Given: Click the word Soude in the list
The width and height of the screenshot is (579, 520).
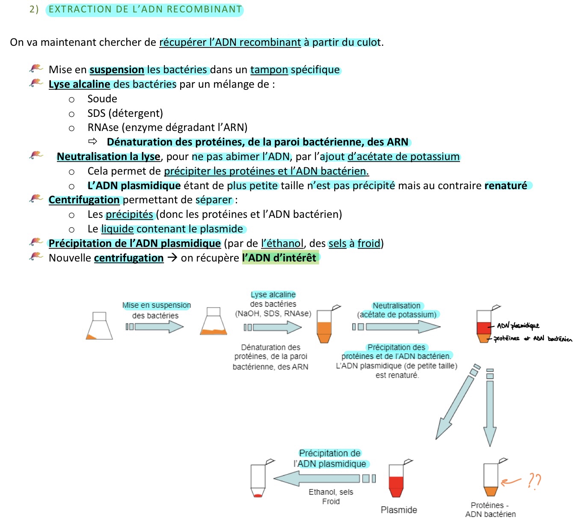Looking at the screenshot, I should point(102,99).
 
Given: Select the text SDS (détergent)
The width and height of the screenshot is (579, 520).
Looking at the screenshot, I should point(125,113).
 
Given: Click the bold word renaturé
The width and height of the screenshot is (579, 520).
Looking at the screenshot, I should point(506,186).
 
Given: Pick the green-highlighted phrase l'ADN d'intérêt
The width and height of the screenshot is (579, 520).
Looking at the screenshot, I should point(279,258).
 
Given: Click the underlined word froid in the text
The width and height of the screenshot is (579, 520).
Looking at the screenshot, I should point(368,244).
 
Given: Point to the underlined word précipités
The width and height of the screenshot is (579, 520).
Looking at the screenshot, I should point(129,214).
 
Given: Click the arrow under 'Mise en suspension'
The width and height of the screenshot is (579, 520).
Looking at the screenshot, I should point(155,327).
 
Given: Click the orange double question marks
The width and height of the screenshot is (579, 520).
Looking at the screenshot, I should point(534,481).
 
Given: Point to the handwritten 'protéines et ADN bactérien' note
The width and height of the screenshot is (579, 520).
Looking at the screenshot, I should point(533,339).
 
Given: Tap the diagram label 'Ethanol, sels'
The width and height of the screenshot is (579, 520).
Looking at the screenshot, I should point(331,492).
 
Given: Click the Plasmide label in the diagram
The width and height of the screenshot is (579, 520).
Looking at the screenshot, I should point(399,510).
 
